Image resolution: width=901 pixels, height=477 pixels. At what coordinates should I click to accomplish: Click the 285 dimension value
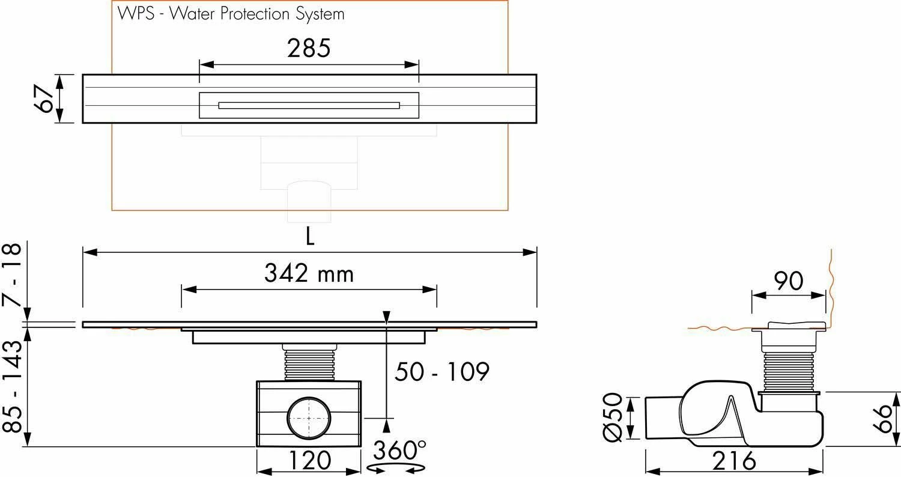(x=308, y=49)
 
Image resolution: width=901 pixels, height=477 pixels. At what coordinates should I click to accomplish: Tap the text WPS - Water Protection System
(x=228, y=13)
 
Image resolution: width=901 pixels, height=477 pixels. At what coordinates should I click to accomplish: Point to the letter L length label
(x=309, y=238)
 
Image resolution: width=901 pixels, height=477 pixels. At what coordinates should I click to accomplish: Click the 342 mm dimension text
(x=309, y=274)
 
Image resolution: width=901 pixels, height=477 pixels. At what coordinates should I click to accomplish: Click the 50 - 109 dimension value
(x=441, y=372)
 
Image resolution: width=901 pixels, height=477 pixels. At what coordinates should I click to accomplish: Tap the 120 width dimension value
(x=309, y=461)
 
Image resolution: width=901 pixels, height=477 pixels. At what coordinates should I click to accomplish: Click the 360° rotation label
(x=399, y=449)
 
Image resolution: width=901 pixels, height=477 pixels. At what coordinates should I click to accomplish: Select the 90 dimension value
(x=788, y=281)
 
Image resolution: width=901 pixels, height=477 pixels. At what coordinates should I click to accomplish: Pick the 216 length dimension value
(x=734, y=461)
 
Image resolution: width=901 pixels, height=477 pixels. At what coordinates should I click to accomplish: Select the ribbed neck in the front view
(x=309, y=364)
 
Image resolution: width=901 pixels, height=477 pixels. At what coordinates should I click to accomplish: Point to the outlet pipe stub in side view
(x=662, y=418)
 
